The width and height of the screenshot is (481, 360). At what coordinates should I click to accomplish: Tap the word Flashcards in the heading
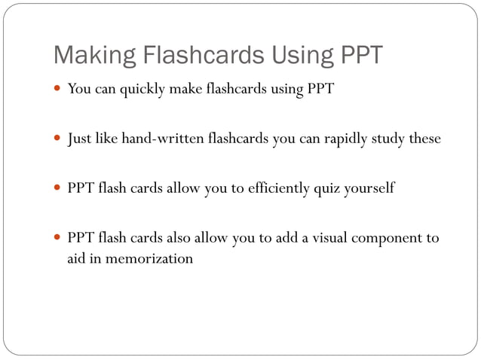click(185, 56)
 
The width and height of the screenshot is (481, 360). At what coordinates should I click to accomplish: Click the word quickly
click(142, 90)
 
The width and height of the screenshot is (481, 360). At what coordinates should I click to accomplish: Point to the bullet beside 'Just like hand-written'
click(57, 139)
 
